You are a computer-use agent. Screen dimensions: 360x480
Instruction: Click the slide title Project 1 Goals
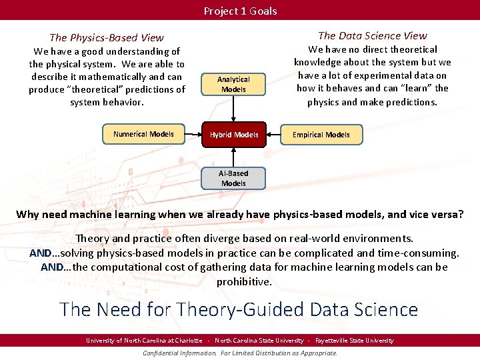(240, 11)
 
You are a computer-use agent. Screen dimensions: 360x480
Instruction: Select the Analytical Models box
(233, 84)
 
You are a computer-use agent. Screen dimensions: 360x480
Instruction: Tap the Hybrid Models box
(234, 135)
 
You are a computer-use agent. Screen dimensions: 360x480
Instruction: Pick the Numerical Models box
(143, 134)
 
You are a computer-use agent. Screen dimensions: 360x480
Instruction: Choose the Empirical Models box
(321, 135)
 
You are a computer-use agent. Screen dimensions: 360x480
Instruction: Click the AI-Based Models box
(233, 178)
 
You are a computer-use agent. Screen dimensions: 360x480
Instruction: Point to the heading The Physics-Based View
(107, 38)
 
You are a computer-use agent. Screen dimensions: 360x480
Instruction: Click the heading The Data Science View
(372, 36)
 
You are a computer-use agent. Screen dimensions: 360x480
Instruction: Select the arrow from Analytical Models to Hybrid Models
(233, 109)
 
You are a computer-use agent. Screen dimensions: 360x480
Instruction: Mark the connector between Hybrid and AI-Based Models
(233, 157)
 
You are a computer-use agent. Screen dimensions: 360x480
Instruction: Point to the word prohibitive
(244, 281)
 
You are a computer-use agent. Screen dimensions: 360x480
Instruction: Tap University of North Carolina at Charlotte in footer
(144, 341)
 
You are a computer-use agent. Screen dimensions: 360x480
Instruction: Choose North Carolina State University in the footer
(259, 341)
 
